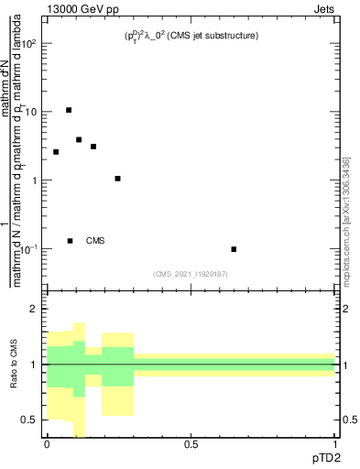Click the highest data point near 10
[x=69, y=110]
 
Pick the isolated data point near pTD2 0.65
[x=235, y=249]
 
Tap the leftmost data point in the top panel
[x=56, y=152]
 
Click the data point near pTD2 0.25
[x=118, y=179]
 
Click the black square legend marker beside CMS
[x=70, y=241]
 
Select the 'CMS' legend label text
[x=95, y=241]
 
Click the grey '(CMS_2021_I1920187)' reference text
[x=190, y=273]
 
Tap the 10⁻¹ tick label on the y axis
[x=30, y=249]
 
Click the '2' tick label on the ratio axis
[x=36, y=310]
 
